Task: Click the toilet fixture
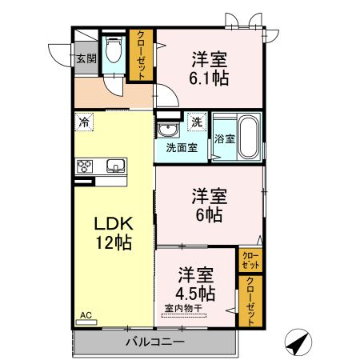coord(114,49)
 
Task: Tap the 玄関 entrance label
coord(86,58)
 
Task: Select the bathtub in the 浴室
coord(248,137)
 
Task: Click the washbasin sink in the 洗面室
coord(168,130)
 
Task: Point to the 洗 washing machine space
coord(197,122)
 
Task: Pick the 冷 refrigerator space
coord(84,122)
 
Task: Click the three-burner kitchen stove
coord(85,166)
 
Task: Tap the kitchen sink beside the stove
coord(116,166)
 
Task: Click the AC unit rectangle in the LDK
coord(86,322)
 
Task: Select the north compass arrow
coord(298,342)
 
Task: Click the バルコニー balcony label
coord(155,342)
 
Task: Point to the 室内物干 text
coord(183,309)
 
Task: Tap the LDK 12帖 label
coord(114,233)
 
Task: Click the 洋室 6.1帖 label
coord(209,69)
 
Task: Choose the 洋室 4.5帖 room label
coord(196,284)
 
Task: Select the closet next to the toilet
coord(141,55)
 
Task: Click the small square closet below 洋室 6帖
coord(250,260)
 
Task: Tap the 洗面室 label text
coord(182,148)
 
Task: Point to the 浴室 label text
coord(225,138)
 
